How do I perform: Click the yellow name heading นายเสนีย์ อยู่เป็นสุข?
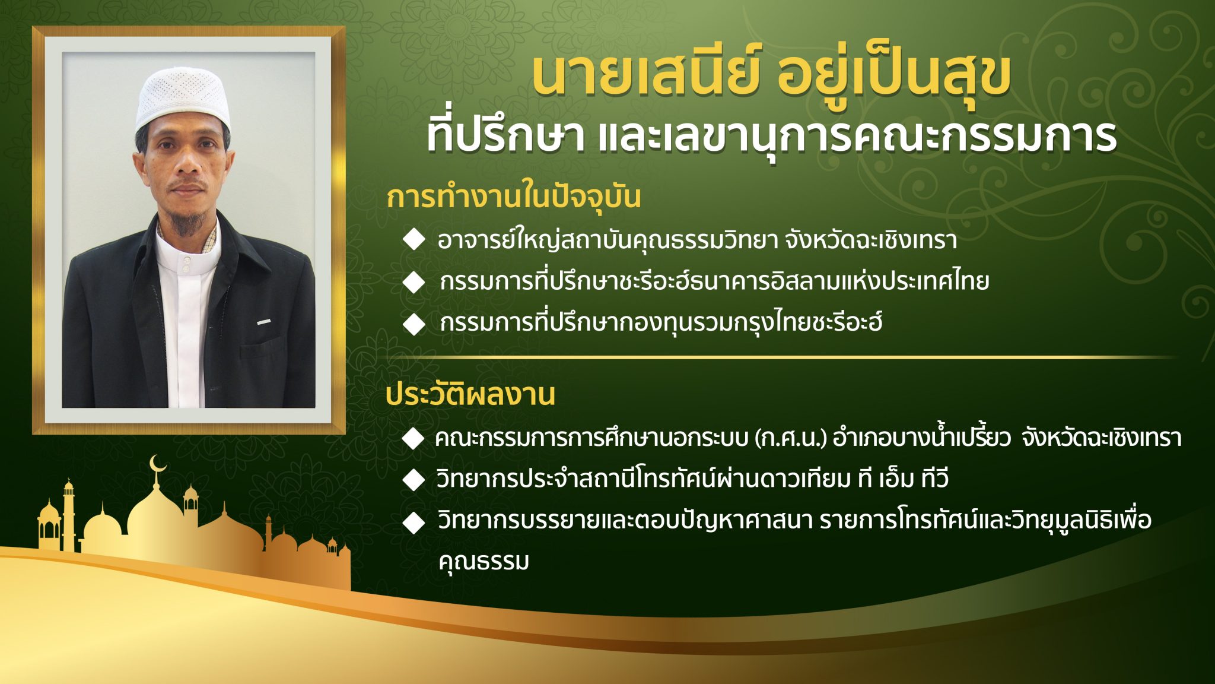tap(771, 76)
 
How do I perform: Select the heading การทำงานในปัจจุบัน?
tap(514, 197)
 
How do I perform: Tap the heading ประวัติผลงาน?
tap(470, 395)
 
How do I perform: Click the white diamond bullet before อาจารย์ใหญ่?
tap(414, 240)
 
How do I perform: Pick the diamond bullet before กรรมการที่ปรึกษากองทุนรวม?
tap(414, 324)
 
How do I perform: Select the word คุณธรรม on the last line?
tap(484, 560)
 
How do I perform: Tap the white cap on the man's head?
tap(182, 97)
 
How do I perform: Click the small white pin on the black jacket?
tap(264, 322)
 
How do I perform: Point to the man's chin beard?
tap(189, 223)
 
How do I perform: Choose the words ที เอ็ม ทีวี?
tap(903, 478)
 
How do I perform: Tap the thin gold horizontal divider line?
tap(777, 357)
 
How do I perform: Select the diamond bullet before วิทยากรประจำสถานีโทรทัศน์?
tap(413, 479)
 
